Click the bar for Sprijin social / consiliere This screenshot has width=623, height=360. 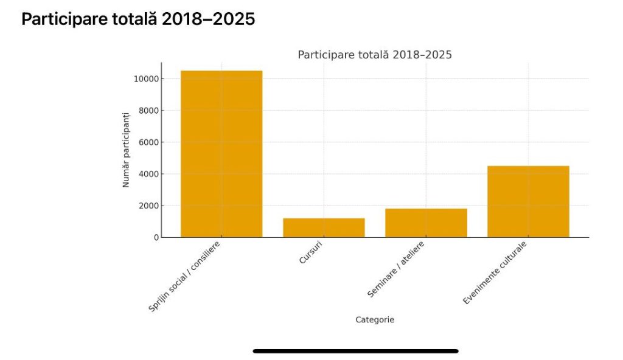[x=221, y=154]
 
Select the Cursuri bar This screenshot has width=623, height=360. [x=324, y=227]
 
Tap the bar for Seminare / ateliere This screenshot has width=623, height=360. [x=426, y=223]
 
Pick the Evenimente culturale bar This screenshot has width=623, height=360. [x=528, y=201]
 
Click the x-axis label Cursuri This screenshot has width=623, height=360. [x=311, y=254]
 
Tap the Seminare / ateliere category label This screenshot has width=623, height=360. [x=396, y=269]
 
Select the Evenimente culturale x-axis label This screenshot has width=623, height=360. [x=495, y=273]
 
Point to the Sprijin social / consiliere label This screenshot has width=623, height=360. [x=184, y=277]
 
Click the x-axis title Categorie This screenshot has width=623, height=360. [x=375, y=320]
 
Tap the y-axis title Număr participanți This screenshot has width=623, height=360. [x=127, y=150]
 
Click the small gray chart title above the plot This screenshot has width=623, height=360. [x=374, y=55]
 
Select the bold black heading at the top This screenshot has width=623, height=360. [x=138, y=19]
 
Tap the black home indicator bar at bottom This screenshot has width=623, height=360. [x=355, y=351]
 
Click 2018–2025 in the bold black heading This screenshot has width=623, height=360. [x=208, y=19]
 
